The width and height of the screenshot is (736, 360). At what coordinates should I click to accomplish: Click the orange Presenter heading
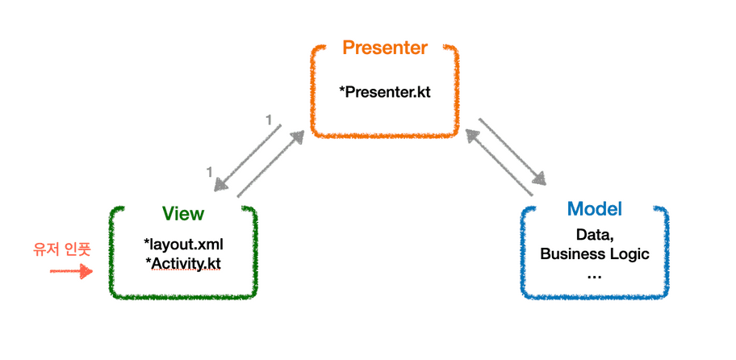tap(385, 48)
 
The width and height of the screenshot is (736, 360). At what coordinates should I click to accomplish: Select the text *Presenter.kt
tap(385, 91)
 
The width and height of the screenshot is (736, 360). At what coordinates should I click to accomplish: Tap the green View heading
tap(183, 214)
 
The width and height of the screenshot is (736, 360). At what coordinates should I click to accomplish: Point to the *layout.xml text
tap(183, 244)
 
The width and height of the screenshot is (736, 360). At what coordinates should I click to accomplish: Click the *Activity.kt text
tap(183, 263)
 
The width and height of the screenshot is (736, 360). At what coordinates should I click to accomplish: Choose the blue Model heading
tap(595, 209)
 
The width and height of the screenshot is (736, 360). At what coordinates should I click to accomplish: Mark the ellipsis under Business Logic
tap(595, 274)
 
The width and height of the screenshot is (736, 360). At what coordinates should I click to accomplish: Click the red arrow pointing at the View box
tap(71, 270)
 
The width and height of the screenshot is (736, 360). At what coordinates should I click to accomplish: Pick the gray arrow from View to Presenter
tap(271, 164)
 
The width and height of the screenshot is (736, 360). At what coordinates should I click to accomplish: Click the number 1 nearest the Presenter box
tap(269, 120)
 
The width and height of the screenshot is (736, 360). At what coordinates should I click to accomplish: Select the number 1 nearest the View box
tap(209, 171)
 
